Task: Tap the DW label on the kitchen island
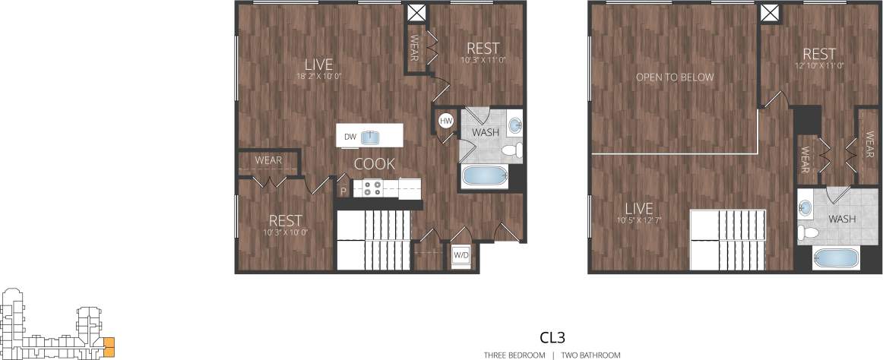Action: click(x=350, y=137)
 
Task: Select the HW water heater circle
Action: click(x=446, y=121)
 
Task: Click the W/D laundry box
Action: click(x=461, y=256)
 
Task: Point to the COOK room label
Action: click(x=375, y=163)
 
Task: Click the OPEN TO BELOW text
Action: click(x=675, y=77)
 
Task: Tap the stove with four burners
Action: click(x=372, y=188)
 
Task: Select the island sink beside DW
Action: click(x=372, y=137)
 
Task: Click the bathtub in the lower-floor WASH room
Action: click(x=485, y=176)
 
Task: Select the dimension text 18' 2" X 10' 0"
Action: click(x=318, y=76)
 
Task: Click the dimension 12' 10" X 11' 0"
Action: click(x=819, y=65)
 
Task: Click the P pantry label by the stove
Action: click(x=343, y=191)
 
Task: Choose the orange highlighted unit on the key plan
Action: click(x=109, y=346)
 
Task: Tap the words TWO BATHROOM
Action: click(x=590, y=355)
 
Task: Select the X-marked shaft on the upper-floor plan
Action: click(x=770, y=13)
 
